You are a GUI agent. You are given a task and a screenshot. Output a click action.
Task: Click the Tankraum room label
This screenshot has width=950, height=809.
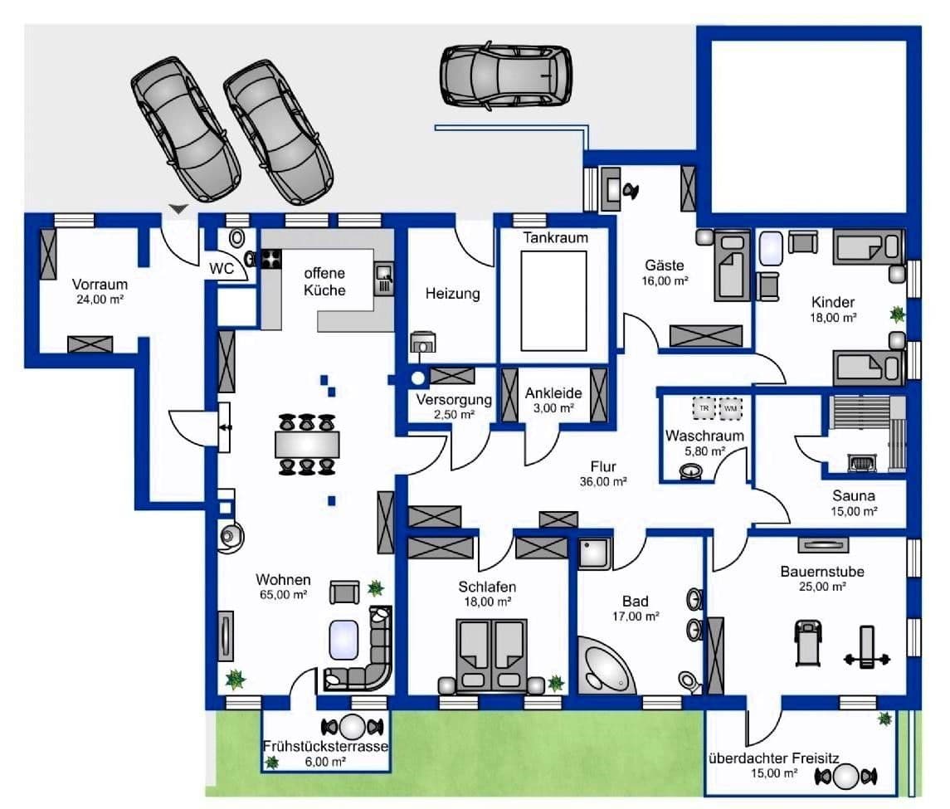coord(555,238)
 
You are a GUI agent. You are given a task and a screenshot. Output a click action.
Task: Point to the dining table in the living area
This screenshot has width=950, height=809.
coord(307,444)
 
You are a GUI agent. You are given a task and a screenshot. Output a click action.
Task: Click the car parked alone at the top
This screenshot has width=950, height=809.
coord(505,75)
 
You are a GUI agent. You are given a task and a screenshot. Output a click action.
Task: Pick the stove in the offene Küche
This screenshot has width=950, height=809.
coord(271,259)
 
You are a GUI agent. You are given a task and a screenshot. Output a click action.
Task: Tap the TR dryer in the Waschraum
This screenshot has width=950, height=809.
coord(704,408)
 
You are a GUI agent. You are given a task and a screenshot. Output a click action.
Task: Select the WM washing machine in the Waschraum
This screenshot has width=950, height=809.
coord(731,408)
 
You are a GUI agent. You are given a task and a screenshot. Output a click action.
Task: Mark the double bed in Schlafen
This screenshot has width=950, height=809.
coord(490,655)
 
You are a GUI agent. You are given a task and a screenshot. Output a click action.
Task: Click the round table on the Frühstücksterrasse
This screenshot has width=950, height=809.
coord(353,727)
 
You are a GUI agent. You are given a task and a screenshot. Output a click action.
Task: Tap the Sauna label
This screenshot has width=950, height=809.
coord(855,495)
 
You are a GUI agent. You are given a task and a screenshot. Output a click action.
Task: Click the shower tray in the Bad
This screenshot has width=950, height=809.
coord(595,553)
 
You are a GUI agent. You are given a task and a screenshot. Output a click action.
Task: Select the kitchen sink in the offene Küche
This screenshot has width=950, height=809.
coord(383,278)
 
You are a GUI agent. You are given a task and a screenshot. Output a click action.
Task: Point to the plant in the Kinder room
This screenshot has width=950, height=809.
coord(896,314)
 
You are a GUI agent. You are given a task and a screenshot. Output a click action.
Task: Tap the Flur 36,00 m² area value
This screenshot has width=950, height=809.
coord(603,481)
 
